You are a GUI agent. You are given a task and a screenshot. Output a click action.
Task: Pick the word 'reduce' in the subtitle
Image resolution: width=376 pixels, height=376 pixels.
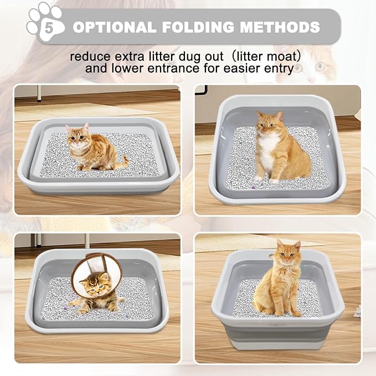[x=87, y=56]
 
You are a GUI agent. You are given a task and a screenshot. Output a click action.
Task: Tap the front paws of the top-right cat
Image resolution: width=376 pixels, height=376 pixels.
[x=266, y=179]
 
